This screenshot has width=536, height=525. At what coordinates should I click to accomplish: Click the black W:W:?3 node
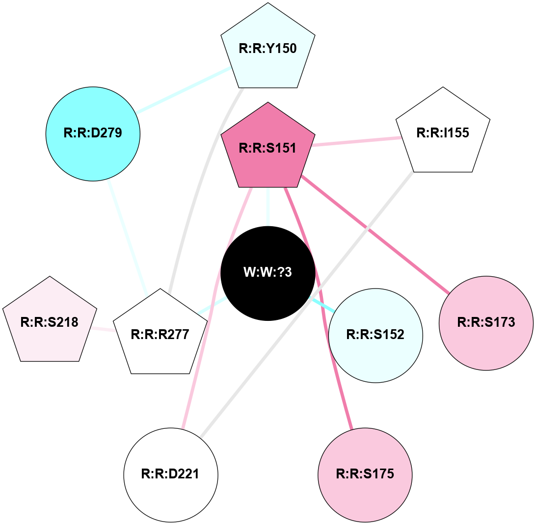pyautogui.click(x=268, y=273)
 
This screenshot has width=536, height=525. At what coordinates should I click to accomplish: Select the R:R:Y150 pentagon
pyautogui.click(x=268, y=49)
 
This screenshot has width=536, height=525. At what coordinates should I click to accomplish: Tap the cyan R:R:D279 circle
pyautogui.click(x=93, y=133)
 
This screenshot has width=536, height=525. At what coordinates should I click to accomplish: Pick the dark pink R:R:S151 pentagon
pyautogui.click(x=268, y=148)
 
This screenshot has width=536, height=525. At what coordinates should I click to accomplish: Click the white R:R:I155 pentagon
pyautogui.click(x=443, y=133)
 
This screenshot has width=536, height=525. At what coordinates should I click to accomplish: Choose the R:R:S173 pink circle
pyautogui.click(x=486, y=323)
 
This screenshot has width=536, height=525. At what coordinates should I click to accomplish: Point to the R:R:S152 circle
pyautogui.click(x=375, y=335)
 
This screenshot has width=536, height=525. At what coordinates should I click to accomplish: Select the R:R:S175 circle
pyautogui.click(x=365, y=474)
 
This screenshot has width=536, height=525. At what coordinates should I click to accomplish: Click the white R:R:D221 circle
pyautogui.click(x=171, y=474)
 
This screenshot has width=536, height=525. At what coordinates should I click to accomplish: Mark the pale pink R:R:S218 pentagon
pyautogui.click(x=50, y=322)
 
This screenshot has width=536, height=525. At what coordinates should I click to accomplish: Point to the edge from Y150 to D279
pyautogui.click(x=184, y=90)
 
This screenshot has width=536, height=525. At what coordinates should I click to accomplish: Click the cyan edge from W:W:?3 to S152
pyautogui.click(x=323, y=305)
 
